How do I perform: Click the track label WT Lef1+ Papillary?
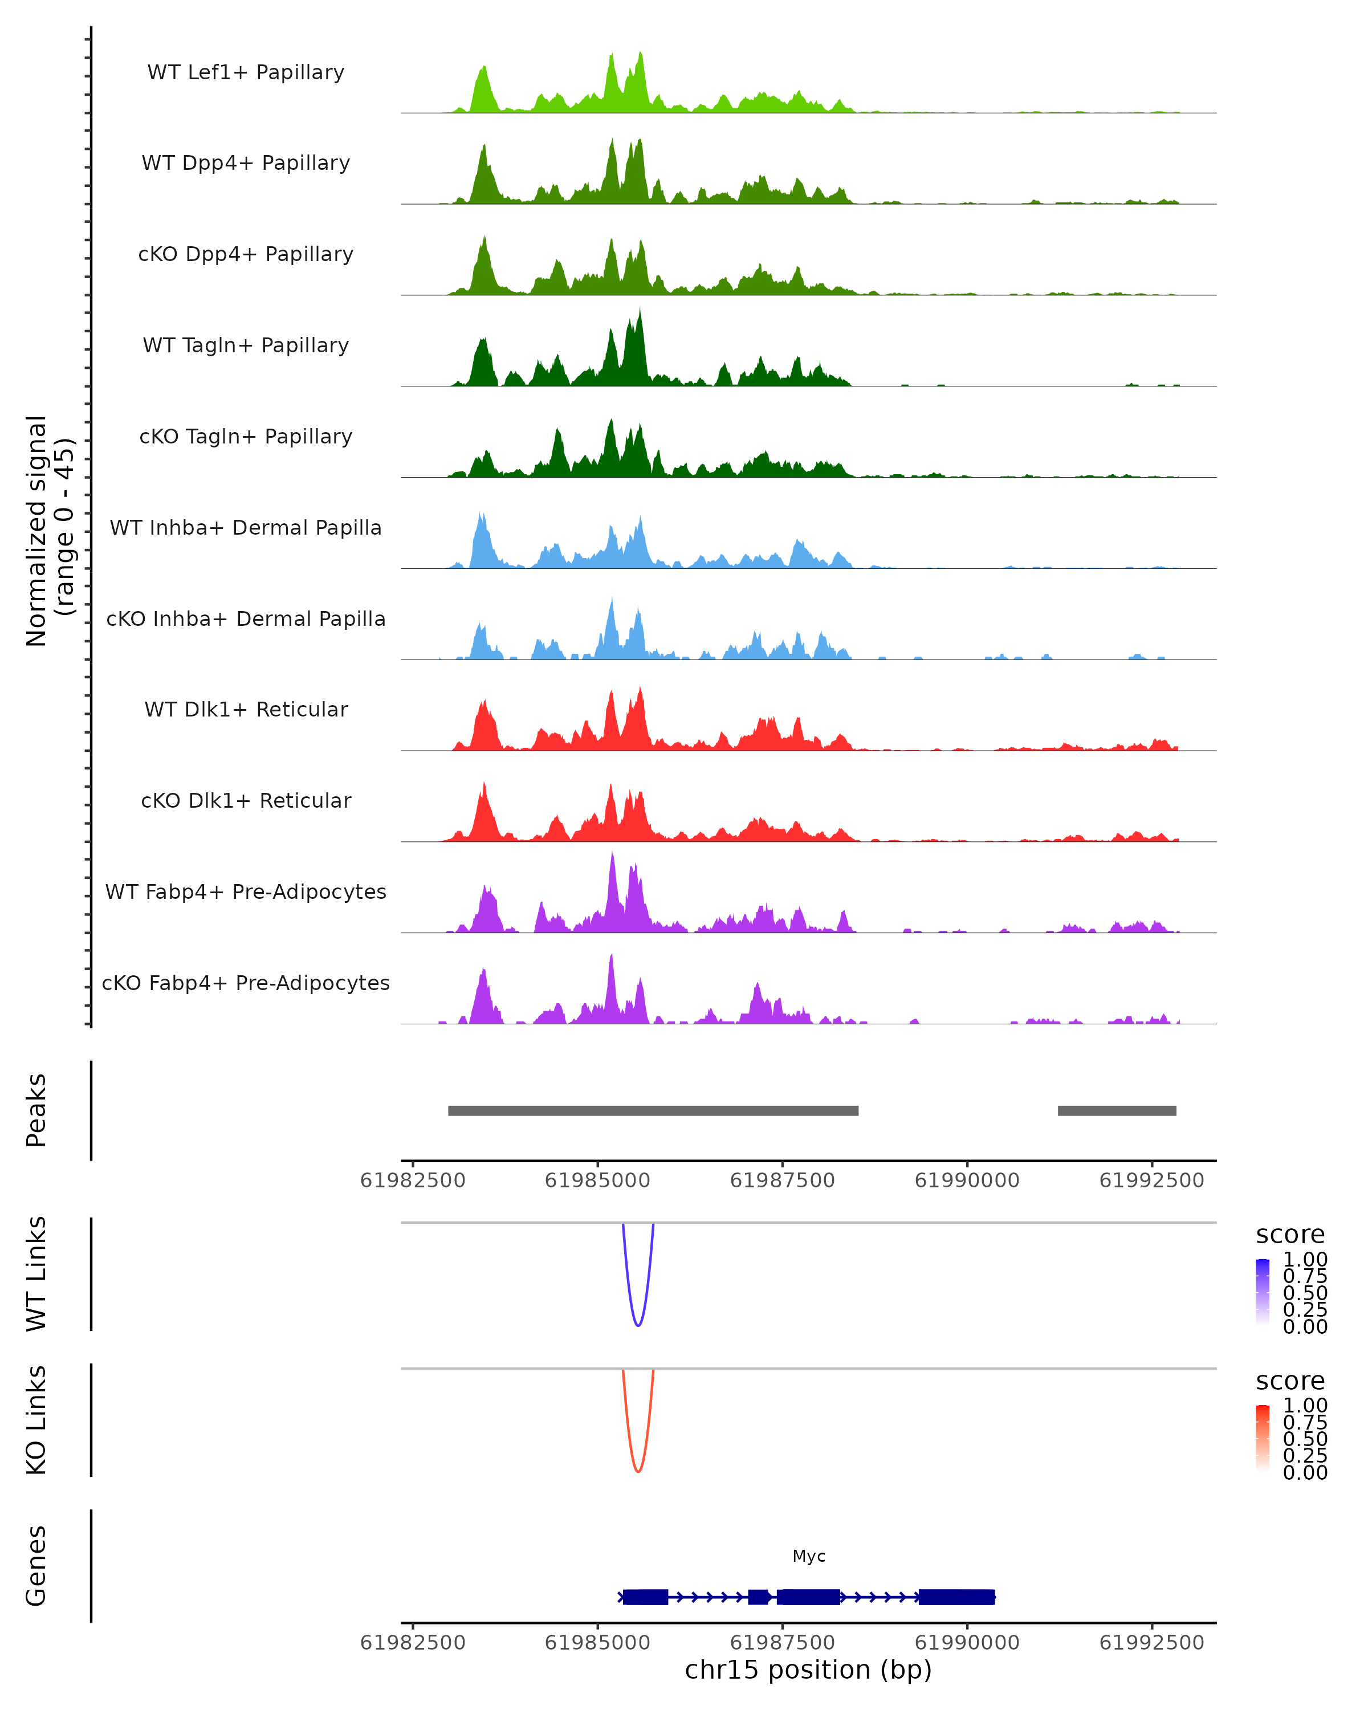pos(246,72)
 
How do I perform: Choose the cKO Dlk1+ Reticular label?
pos(246,800)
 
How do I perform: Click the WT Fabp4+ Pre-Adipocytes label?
pos(246,891)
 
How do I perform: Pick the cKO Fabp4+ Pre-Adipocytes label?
pos(246,983)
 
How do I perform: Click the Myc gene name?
pos(809,1556)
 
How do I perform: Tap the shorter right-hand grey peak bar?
pos(1117,1110)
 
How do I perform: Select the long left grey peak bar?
pos(653,1110)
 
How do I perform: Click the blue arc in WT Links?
pos(638,1325)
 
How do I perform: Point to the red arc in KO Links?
pos(638,1471)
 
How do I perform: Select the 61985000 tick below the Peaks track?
pos(597,1180)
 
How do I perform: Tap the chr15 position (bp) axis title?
pos(808,1670)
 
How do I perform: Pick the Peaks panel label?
pos(36,1110)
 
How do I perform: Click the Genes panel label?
pos(36,1566)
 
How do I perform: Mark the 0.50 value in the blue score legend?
pos(1305,1293)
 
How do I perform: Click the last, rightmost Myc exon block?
pos(956,1597)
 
